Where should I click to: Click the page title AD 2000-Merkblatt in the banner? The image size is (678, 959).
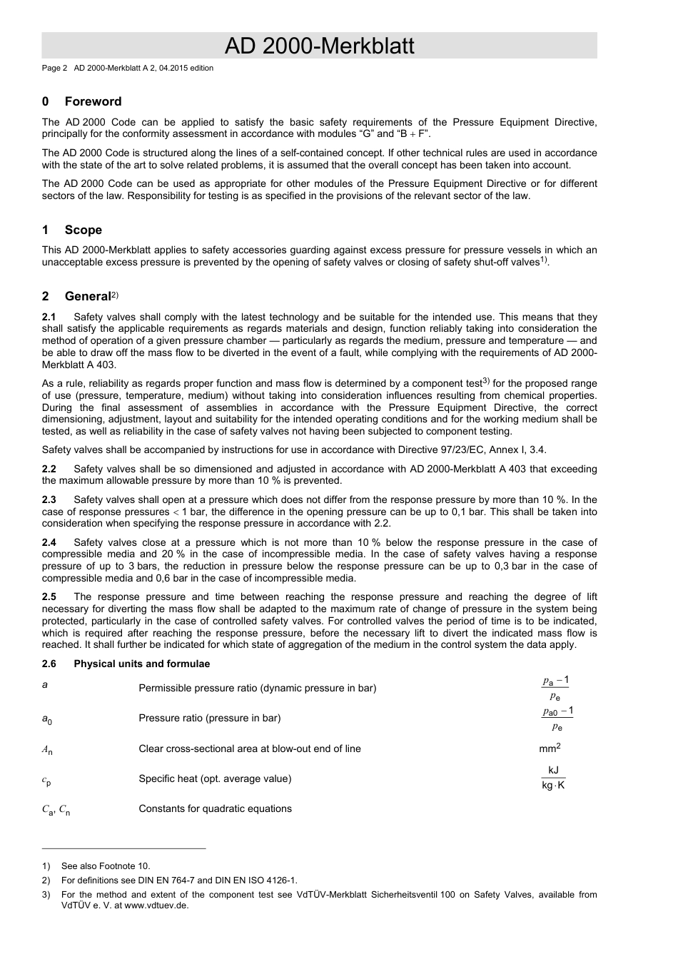[x=319, y=46]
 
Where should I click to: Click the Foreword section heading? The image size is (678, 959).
[x=93, y=101]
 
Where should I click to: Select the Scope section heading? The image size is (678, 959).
[x=83, y=230]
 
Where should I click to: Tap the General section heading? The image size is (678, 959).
[x=88, y=296]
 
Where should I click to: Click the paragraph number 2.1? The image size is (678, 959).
[x=49, y=317]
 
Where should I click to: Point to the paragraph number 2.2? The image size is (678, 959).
[x=49, y=469]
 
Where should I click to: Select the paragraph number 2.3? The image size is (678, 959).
[x=49, y=499]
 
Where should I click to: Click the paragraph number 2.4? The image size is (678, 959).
[x=49, y=542]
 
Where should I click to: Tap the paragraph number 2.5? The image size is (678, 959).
[x=49, y=597]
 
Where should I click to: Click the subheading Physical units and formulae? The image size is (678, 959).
[x=141, y=664]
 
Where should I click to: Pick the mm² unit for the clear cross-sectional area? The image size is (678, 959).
[x=550, y=749]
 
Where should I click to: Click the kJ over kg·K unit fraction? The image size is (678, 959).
[x=553, y=778]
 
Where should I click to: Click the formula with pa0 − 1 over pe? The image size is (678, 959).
[x=557, y=719]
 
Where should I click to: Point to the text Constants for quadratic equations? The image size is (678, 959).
[x=215, y=808]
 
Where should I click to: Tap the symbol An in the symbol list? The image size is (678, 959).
[x=47, y=749]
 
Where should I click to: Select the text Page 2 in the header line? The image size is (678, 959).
[x=54, y=68]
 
